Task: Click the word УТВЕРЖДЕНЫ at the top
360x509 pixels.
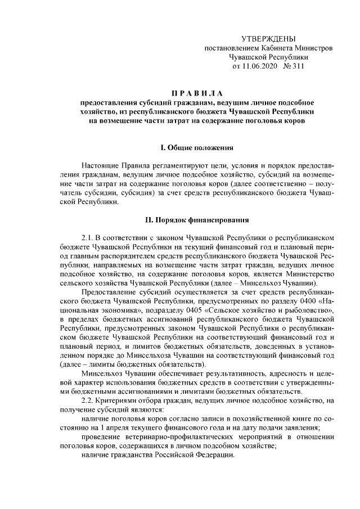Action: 268,38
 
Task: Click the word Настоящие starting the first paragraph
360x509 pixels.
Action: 100,166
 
